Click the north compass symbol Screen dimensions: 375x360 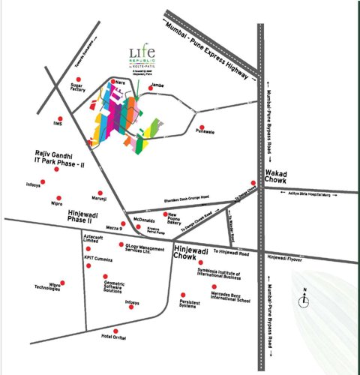click(x=304, y=298)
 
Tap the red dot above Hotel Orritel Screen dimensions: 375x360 click(x=113, y=330)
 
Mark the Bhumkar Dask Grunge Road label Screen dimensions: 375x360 click(x=186, y=201)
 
